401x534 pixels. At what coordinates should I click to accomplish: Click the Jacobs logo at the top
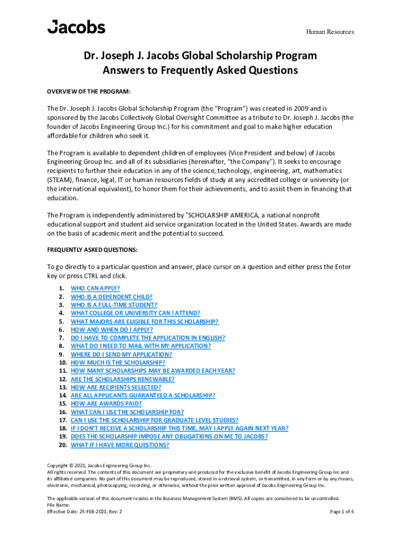coord(76,27)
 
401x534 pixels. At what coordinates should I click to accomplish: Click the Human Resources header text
coord(330,32)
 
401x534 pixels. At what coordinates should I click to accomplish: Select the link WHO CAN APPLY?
coord(95,288)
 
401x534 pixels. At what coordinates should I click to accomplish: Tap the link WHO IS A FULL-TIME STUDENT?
coord(114,305)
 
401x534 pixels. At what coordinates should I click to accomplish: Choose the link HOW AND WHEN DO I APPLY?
coord(112,330)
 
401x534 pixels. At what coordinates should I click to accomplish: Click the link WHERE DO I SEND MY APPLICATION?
coord(121,354)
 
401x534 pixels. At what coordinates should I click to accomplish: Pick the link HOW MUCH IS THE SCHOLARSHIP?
coord(118,362)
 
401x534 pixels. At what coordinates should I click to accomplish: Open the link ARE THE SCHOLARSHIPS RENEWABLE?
coord(123,379)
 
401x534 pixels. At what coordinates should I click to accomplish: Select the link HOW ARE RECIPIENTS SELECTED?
coord(116,387)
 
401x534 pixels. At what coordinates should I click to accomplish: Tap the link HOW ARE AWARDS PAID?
coord(106,404)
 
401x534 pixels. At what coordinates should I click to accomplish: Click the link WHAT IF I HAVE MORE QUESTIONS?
coord(120,445)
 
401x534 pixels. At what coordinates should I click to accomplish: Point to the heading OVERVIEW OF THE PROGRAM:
coord(89,92)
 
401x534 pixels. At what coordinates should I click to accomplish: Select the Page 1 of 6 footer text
coord(342,512)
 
